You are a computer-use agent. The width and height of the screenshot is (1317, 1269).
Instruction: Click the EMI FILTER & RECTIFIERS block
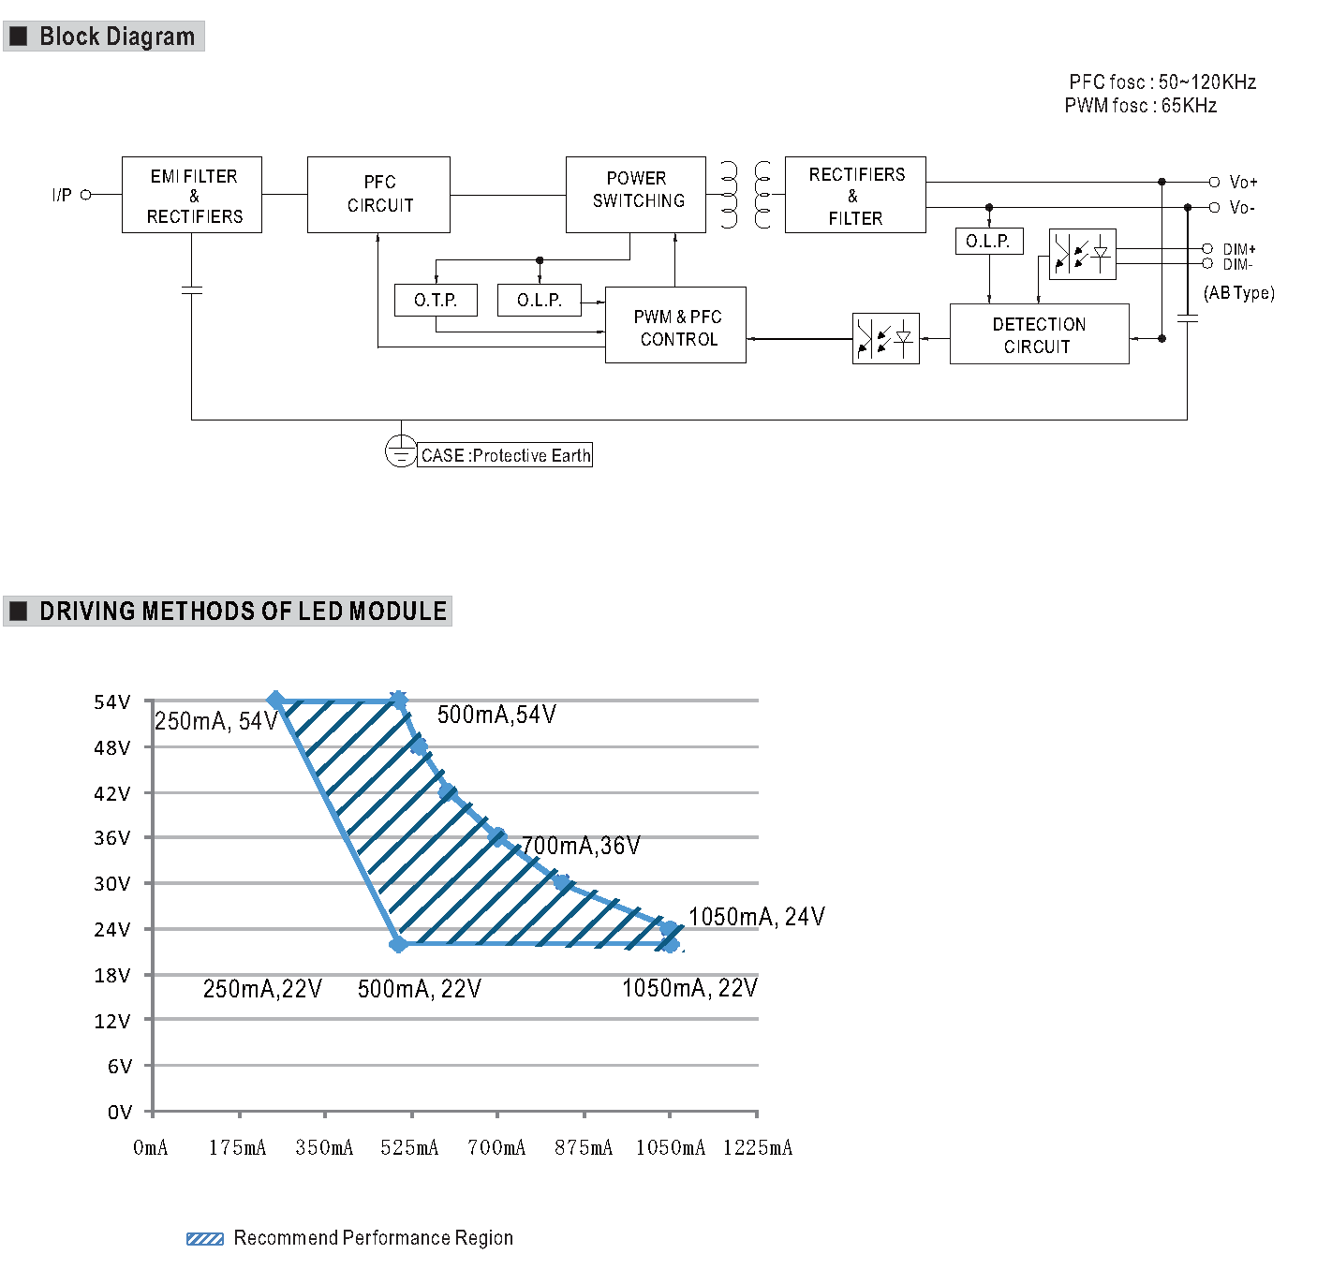point(192,195)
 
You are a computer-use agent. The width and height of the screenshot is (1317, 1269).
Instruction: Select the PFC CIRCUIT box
point(378,195)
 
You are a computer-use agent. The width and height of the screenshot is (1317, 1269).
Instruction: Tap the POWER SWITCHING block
point(636,194)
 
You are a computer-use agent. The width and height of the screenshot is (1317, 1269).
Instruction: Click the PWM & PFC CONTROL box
point(676,325)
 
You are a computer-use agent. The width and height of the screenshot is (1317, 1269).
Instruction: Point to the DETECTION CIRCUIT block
point(1039,334)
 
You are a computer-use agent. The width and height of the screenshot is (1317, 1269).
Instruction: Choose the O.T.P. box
point(436,301)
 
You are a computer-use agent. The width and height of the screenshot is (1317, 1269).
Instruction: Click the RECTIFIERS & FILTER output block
point(855,195)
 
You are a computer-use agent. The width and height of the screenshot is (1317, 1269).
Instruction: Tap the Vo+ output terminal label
point(1243,182)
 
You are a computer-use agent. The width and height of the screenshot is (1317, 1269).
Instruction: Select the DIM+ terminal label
point(1238,249)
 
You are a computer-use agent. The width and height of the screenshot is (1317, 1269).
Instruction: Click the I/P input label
point(62,195)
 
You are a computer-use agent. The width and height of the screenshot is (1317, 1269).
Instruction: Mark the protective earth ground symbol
point(400,451)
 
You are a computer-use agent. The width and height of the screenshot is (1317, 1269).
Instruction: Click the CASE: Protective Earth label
point(505,456)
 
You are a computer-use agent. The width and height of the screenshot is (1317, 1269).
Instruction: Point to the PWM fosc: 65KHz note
point(1140,106)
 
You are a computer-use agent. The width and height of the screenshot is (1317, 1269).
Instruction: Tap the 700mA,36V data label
point(581,846)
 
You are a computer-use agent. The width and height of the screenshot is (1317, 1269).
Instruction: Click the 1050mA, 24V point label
point(756,917)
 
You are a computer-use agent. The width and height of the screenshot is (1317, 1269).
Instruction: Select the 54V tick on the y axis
point(112,702)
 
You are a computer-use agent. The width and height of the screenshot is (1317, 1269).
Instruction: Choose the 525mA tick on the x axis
point(409,1147)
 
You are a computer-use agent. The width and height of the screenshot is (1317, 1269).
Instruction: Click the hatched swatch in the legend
point(204,1239)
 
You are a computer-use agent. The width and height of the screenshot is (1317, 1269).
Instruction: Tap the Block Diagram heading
point(116,37)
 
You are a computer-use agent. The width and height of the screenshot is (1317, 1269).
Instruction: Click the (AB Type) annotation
point(1238,293)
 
